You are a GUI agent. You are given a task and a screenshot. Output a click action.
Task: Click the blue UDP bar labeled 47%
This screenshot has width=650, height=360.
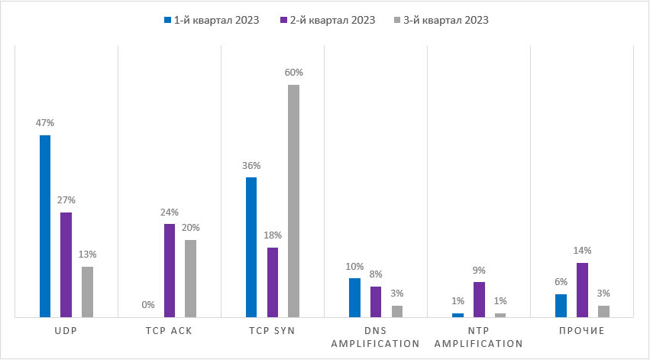click(45, 225)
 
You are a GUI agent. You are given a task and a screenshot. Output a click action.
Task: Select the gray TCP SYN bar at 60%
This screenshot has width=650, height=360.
click(293, 200)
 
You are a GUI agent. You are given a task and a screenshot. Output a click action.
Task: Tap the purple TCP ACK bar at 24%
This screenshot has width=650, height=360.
click(170, 270)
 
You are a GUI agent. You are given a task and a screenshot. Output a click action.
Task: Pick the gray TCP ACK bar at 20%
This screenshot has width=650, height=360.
click(190, 278)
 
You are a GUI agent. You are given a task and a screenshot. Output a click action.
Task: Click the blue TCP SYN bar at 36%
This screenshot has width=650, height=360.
click(251, 247)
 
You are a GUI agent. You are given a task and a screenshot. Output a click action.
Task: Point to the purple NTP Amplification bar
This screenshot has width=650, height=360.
click(479, 299)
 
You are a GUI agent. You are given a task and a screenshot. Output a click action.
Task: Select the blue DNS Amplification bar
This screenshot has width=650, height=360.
click(354, 297)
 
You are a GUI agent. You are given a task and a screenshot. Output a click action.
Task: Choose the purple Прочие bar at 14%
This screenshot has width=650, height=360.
click(582, 290)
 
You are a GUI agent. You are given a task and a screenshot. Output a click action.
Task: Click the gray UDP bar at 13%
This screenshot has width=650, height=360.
click(87, 291)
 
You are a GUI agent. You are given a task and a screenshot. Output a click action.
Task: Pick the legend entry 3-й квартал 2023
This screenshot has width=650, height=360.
click(446, 21)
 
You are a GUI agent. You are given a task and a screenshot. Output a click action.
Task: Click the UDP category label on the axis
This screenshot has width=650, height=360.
click(66, 331)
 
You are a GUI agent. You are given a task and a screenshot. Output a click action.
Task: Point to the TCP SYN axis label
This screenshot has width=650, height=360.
click(273, 331)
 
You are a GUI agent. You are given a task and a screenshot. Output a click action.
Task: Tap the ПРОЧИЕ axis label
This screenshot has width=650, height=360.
click(583, 331)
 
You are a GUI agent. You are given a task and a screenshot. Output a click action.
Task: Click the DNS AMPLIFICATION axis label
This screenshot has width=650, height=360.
click(376, 337)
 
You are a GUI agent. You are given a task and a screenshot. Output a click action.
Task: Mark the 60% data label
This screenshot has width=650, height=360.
click(294, 73)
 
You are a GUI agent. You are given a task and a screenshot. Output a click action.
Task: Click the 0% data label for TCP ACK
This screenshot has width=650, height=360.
click(148, 304)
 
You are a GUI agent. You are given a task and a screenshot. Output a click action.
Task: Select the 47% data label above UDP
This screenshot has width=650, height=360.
click(45, 122)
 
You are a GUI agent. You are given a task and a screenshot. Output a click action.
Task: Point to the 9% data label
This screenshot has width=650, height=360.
click(479, 270)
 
